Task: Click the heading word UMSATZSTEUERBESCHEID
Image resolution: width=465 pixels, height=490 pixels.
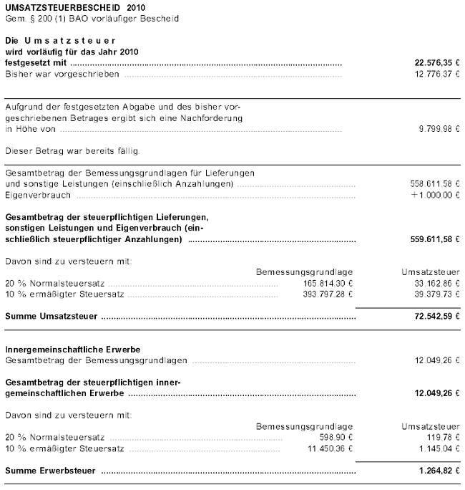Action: (52, 6)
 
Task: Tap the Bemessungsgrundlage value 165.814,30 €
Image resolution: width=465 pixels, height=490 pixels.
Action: (329, 283)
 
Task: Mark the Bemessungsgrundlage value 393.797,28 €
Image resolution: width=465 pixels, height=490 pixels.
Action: (329, 294)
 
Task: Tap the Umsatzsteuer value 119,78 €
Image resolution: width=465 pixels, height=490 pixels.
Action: (444, 437)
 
